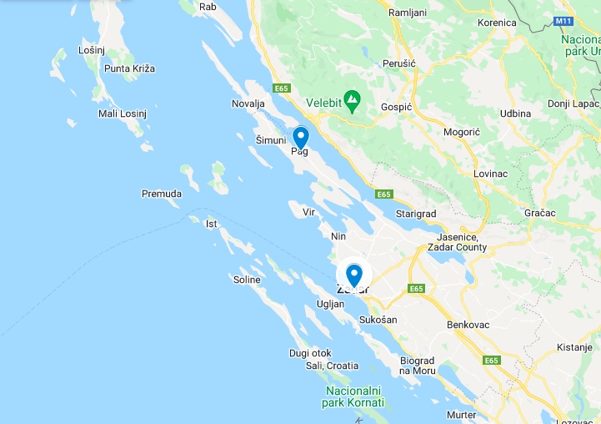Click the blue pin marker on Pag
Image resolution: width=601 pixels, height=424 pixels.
point(301,137)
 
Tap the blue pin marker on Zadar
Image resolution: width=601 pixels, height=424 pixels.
point(354,275)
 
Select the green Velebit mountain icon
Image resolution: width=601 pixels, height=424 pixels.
point(353,101)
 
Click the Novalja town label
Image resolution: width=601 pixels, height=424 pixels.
point(248,103)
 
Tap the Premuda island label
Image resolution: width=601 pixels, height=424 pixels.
point(161,194)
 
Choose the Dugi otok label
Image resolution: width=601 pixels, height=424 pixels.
point(310,353)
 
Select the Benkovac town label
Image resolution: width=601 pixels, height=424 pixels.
point(470,324)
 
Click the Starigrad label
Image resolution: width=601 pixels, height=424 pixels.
point(416,214)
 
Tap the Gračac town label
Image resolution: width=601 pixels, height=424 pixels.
point(540,213)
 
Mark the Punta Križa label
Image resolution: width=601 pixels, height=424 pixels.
point(129,68)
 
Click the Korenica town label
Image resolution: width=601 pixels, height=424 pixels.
point(498,23)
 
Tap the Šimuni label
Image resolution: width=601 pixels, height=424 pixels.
point(271,139)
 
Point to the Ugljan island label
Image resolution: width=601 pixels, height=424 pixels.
point(330,305)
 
